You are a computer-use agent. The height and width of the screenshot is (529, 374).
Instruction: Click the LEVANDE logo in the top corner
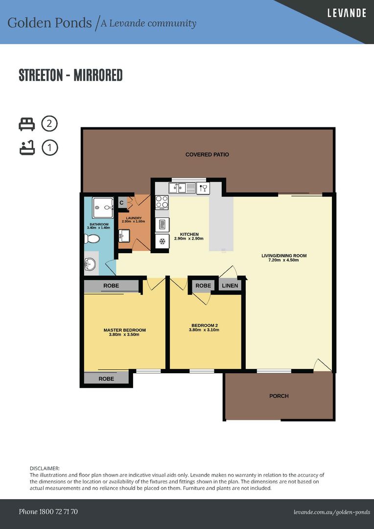pos(347,13)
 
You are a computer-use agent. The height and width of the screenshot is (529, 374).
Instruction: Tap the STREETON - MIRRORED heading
pos(70,75)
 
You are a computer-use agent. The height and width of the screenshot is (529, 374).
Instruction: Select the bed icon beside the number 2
pos(26,124)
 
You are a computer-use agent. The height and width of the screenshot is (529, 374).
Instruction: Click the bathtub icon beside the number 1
pos(27,148)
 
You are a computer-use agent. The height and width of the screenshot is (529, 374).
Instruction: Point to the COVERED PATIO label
pos(207,154)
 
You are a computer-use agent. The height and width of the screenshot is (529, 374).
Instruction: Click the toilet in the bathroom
pos(92,239)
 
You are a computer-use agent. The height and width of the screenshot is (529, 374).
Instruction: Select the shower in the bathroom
pos(103,208)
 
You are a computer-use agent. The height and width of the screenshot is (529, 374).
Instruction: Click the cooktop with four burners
pos(162,202)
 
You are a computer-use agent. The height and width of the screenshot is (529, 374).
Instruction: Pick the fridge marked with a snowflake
pos(162,241)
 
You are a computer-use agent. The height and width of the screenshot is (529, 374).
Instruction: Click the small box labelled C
pos(121,202)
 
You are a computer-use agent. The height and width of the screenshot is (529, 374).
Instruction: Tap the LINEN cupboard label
pos(230,286)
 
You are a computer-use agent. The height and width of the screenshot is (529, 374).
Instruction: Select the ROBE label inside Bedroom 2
pos(203,286)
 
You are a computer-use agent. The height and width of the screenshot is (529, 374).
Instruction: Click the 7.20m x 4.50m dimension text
pos(284,260)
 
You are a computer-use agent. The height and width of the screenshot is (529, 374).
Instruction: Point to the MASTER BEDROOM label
pos(125,330)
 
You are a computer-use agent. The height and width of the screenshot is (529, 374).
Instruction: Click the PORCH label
pos(279,396)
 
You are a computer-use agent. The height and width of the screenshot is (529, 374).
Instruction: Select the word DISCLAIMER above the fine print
pos(45,468)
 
